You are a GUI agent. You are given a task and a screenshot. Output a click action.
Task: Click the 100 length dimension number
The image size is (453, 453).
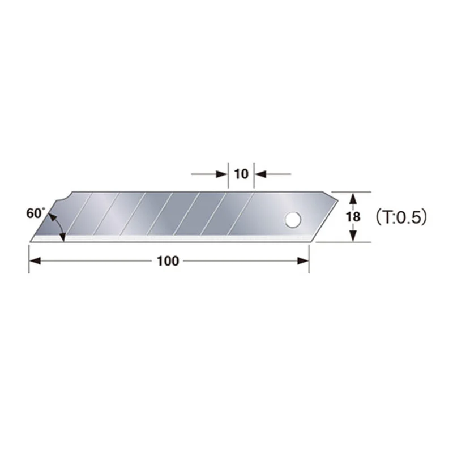(x=168, y=261)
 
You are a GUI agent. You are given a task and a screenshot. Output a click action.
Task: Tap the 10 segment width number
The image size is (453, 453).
(x=241, y=174)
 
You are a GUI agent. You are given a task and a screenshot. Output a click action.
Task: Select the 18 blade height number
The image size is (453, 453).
(x=353, y=217)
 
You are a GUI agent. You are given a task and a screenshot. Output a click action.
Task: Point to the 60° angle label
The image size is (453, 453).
(x=36, y=213)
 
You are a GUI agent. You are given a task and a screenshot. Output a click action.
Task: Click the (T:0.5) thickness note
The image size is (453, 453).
(x=401, y=217)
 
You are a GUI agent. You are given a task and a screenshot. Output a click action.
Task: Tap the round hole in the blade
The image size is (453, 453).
(x=293, y=220)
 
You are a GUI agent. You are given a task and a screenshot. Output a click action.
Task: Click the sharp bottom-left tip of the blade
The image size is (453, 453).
(x=31, y=242)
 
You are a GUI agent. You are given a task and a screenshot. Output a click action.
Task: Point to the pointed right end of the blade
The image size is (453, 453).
(x=337, y=199)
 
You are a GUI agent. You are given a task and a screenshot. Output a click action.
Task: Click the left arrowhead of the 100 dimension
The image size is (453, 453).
(x=35, y=261)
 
